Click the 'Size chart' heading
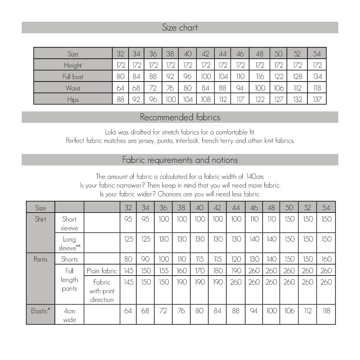[x=180, y=28]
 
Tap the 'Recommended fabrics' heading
[x=180, y=117]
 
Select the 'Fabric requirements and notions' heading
[x=180, y=160]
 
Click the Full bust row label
[x=73, y=77]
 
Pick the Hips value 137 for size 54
[x=317, y=99]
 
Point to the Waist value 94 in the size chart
[x=240, y=88]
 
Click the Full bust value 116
[x=260, y=77]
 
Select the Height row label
[x=73, y=65]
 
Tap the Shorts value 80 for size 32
[x=128, y=259]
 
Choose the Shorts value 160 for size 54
[x=326, y=259]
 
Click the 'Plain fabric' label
[x=102, y=271]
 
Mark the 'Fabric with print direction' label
[x=102, y=291]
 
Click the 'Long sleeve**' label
[x=69, y=244]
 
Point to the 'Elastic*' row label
[x=40, y=311]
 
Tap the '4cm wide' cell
[x=69, y=315]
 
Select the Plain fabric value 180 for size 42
[x=218, y=271]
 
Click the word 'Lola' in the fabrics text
[x=111, y=132]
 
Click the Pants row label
[x=40, y=259]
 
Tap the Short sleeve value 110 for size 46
[x=254, y=219]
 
